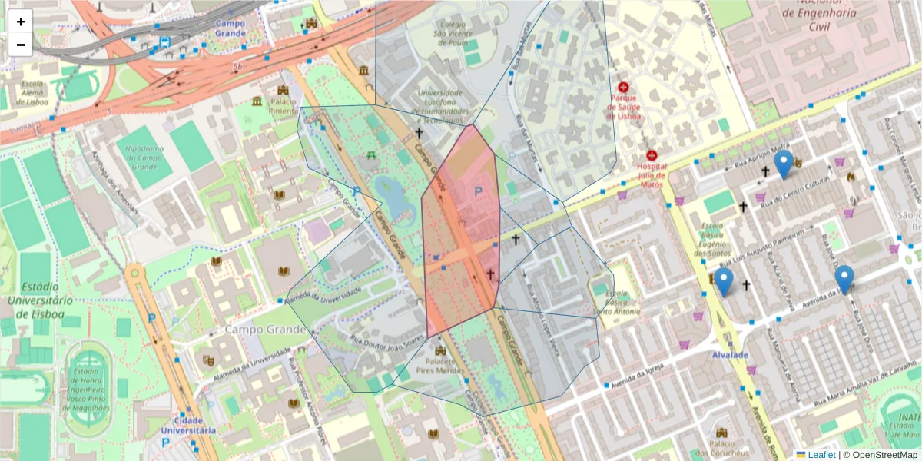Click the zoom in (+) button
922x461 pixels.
pos(21,22)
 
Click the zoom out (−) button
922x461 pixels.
pos(21,45)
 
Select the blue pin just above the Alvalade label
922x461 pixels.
pos(723,282)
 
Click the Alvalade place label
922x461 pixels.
pos(729,355)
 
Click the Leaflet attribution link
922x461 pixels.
pos(822,455)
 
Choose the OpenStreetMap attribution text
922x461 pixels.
pos(881,455)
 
